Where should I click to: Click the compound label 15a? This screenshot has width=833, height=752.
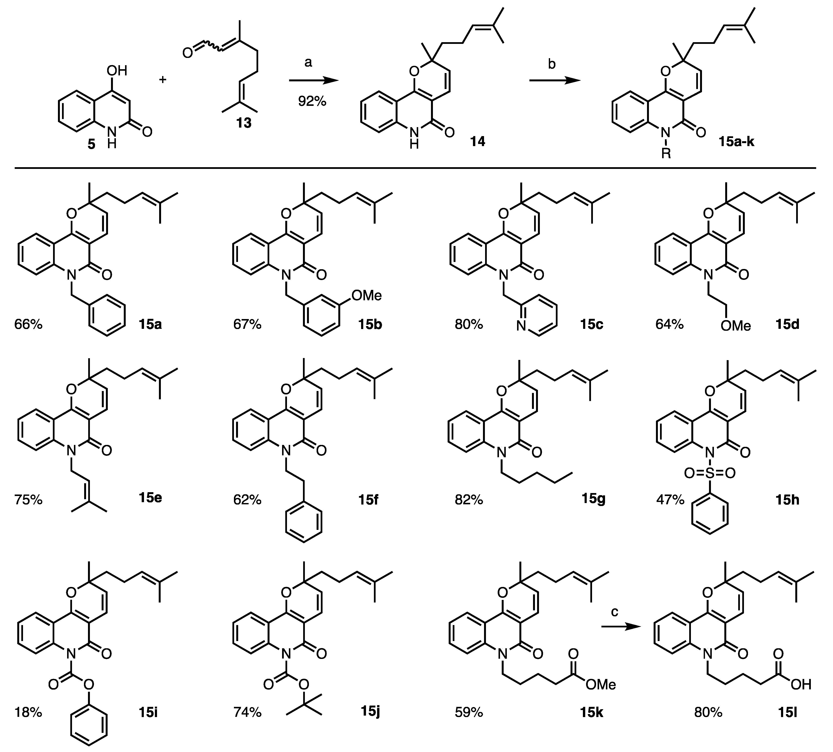(150, 325)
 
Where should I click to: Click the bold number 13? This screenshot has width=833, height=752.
(244, 123)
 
